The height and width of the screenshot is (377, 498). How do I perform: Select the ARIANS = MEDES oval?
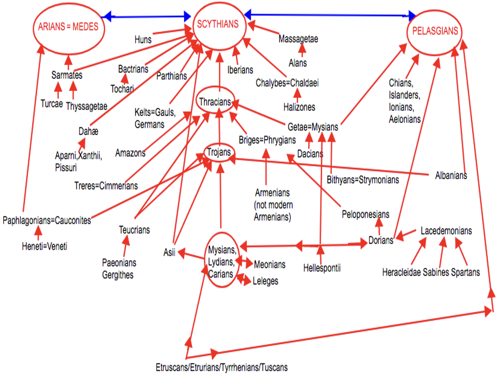[x=68, y=28]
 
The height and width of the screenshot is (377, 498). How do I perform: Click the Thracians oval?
[x=215, y=102]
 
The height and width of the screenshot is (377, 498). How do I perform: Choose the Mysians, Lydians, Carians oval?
[x=223, y=260]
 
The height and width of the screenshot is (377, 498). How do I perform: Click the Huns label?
[x=143, y=39]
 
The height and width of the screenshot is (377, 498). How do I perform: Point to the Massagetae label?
[x=298, y=39]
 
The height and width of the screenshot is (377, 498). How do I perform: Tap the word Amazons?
[x=130, y=153]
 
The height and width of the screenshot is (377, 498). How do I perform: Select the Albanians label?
[x=451, y=175]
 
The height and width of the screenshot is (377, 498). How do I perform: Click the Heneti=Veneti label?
[x=44, y=246]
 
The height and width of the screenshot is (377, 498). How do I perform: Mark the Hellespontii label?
[x=322, y=267]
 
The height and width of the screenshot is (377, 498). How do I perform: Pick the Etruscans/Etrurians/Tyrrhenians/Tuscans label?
[x=222, y=367]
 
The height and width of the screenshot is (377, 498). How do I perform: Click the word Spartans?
[x=465, y=272]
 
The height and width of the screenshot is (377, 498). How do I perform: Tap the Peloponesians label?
[x=366, y=214]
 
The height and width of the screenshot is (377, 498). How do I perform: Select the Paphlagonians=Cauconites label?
[x=47, y=220]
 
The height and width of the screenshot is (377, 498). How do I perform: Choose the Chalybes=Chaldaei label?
[x=287, y=83]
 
